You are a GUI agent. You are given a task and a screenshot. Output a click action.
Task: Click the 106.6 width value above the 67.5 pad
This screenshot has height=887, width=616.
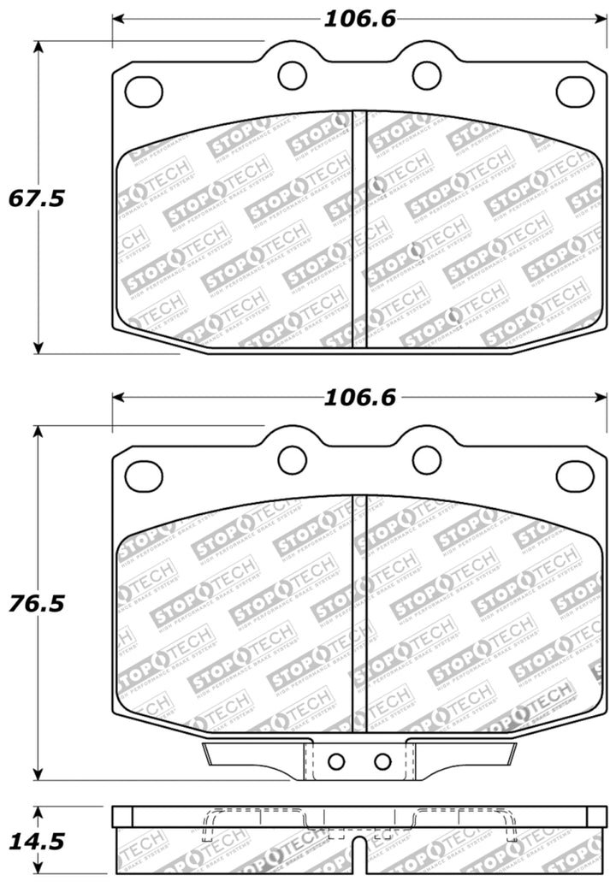pos(358,18)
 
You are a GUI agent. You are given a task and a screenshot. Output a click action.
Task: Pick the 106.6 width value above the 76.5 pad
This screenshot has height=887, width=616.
pos(358,398)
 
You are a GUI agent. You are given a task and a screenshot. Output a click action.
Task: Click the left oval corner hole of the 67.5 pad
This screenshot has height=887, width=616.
pos(144,89)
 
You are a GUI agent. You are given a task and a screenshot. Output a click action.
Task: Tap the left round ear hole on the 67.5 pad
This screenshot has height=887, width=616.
pos(293,75)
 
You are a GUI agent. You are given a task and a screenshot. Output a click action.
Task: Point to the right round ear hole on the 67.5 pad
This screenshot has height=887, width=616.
pos(426,75)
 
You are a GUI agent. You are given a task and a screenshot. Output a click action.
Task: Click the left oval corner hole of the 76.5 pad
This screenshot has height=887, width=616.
pos(144,475)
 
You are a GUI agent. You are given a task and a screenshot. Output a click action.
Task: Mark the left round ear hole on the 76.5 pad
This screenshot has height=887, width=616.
pos(293,460)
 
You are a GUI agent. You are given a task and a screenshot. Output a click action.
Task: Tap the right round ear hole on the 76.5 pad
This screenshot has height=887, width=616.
pos(426,460)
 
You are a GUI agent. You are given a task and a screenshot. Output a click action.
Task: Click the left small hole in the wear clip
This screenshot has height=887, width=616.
pos(336,760)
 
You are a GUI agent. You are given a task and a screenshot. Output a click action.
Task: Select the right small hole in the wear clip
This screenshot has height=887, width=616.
pos(382,760)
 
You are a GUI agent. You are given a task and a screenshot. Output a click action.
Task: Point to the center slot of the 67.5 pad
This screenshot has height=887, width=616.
pos(359,229)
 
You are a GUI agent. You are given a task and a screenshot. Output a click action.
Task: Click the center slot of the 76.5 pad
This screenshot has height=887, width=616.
pos(359,616)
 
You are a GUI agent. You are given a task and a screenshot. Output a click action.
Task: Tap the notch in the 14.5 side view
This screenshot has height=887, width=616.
pos(359,860)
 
